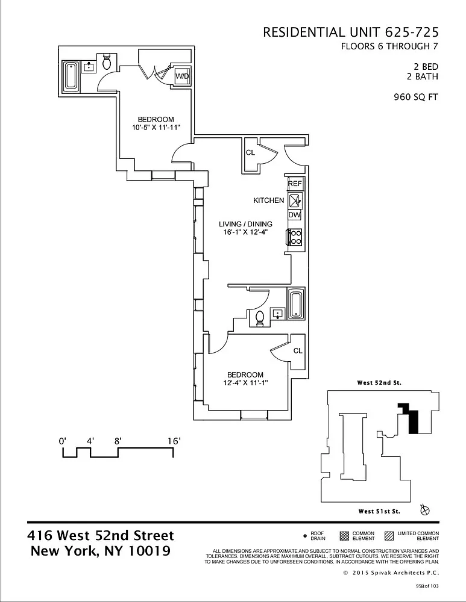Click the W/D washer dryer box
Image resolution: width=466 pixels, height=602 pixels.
click(182, 76)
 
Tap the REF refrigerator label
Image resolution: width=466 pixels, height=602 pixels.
click(295, 184)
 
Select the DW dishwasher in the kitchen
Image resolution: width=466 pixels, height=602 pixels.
click(295, 215)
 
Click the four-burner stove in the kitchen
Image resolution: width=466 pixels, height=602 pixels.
click(295, 237)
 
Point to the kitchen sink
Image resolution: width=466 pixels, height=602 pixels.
click(295, 200)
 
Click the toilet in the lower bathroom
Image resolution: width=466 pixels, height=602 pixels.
click(260, 318)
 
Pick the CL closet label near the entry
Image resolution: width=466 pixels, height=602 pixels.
click(250, 152)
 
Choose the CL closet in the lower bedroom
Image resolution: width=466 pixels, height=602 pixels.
click(298, 350)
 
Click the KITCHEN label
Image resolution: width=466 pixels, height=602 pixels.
click(269, 200)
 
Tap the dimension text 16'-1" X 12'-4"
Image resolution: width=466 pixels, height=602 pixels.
click(246, 232)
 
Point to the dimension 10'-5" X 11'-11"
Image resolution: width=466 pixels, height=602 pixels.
click(156, 128)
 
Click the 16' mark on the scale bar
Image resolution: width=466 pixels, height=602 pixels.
click(174, 441)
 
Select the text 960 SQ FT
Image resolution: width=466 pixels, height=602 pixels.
click(416, 97)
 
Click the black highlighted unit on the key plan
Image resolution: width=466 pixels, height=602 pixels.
click(411, 418)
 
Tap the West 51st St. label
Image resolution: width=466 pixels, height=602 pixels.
click(379, 511)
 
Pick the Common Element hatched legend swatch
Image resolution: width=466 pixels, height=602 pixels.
click(344, 536)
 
